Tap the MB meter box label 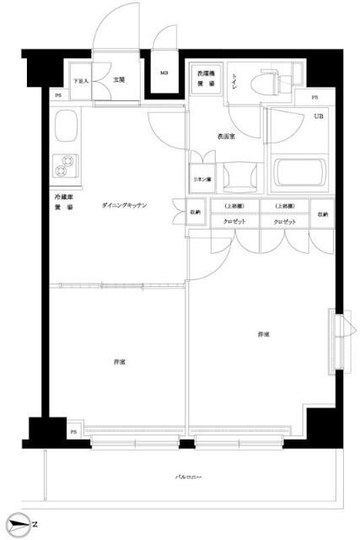pos(164,73)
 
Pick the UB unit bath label pos(319,116)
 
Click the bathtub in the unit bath pos(298,173)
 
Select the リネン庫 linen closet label pos(202,180)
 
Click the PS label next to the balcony pos(73,432)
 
